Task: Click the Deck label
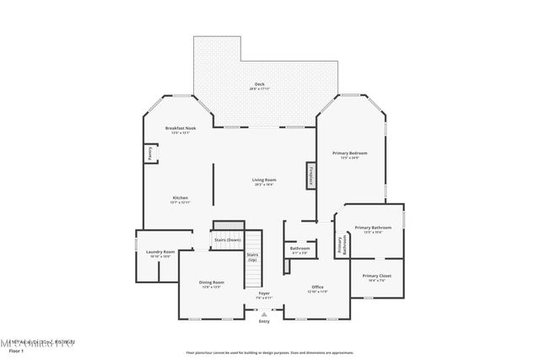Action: (x=260, y=84)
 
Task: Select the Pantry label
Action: (x=150, y=153)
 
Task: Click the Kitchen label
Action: (x=181, y=198)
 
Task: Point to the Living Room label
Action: (x=264, y=180)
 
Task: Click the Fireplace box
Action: (x=310, y=176)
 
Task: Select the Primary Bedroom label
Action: (x=350, y=153)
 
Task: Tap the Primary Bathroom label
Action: (x=370, y=228)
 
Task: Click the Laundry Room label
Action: (x=160, y=251)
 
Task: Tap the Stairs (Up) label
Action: (x=252, y=256)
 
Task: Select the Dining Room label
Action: (x=212, y=282)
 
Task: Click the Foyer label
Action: (x=264, y=293)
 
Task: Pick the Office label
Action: (x=317, y=287)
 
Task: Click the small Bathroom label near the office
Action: (x=300, y=248)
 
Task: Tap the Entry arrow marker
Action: (x=264, y=314)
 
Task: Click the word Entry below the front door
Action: (x=264, y=321)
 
